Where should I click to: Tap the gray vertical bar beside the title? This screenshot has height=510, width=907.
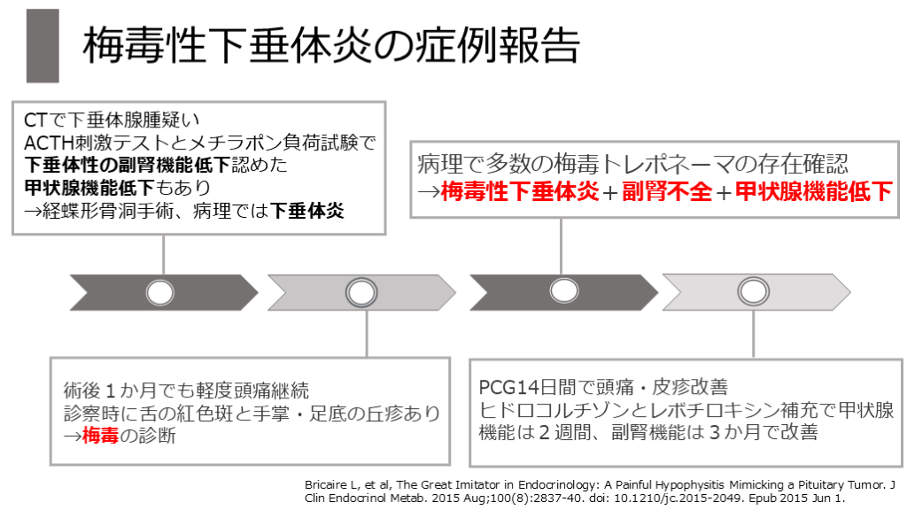pos(43,46)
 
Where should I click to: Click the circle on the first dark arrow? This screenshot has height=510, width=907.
pos(160,291)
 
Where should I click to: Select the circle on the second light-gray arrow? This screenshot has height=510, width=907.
pos(360,291)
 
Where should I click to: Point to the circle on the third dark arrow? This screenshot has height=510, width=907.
pos(563,291)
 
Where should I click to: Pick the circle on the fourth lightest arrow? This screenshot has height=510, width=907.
pos(753,291)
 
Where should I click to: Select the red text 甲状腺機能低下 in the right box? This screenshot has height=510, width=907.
pos(813,190)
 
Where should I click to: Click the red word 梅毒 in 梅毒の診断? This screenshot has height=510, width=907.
pos(100,435)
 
